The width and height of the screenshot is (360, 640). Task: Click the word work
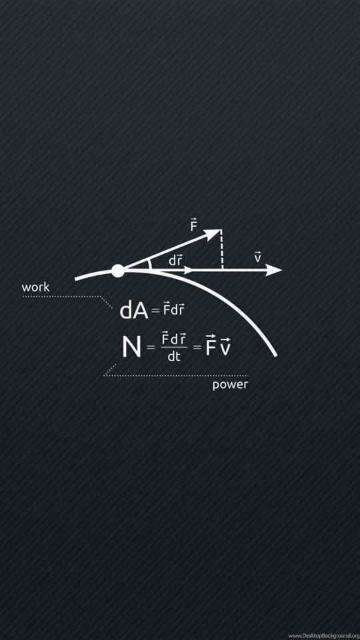click(x=35, y=287)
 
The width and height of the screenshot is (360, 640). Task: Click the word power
click(x=230, y=385)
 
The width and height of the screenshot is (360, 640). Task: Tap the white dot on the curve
click(x=118, y=271)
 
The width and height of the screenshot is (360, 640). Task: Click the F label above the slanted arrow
click(x=193, y=225)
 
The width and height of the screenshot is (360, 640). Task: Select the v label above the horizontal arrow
click(x=257, y=257)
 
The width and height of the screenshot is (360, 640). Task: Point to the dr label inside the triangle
click(x=175, y=261)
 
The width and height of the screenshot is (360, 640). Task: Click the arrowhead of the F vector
click(x=213, y=233)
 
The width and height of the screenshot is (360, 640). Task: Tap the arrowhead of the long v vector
click(x=273, y=270)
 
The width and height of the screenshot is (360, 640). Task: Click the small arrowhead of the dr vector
click(x=188, y=270)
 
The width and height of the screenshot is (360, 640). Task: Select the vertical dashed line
click(x=221, y=250)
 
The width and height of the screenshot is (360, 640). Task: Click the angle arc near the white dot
click(x=150, y=264)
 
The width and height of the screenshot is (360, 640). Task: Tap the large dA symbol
click(x=134, y=311)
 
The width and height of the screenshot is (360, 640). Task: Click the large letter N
click(x=131, y=347)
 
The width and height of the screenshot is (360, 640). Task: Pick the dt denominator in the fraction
click(x=174, y=356)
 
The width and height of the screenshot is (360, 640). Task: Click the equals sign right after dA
click(x=155, y=312)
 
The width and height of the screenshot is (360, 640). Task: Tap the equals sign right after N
click(x=151, y=348)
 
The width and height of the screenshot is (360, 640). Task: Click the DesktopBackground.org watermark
click(x=324, y=635)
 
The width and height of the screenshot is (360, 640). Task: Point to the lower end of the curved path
click(x=276, y=355)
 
